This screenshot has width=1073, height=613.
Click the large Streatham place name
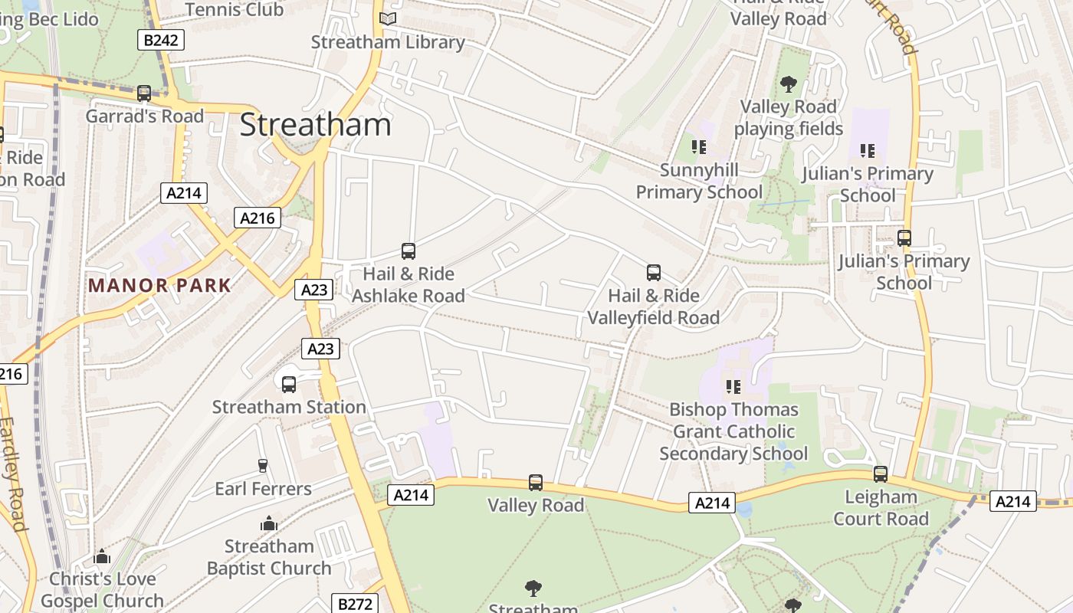pyautogui.click(x=315, y=125)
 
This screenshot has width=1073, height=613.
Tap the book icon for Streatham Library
pyautogui.click(x=388, y=18)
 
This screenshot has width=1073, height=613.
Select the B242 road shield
pyautogui.click(x=161, y=40)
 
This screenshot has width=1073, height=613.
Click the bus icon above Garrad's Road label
pyautogui.click(x=143, y=93)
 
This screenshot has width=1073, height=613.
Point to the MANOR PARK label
pyautogui.click(x=159, y=286)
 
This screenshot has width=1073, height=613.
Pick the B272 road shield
pyautogui.click(x=356, y=604)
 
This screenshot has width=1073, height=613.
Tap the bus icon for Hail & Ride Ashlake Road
pyautogui.click(x=409, y=251)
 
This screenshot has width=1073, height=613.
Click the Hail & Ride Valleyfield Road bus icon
pyautogui.click(x=654, y=273)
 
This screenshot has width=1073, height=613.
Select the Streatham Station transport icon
pyautogui.click(x=289, y=385)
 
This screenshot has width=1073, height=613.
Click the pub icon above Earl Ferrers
pyautogui.click(x=263, y=466)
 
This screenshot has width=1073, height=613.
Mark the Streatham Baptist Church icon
pyautogui.click(x=269, y=524)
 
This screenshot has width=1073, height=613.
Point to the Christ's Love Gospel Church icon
pyautogui.click(x=102, y=557)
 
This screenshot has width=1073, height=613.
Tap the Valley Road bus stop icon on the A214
pyautogui.click(x=536, y=483)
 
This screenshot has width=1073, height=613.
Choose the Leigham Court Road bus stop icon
pyautogui.click(x=881, y=474)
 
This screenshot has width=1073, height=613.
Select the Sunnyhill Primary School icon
pyautogui.click(x=698, y=146)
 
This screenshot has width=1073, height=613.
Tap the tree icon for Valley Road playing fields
pyautogui.click(x=788, y=84)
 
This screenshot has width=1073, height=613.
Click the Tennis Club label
pyautogui.click(x=234, y=9)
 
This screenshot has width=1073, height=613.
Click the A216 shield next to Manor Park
pyautogui.click(x=257, y=218)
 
